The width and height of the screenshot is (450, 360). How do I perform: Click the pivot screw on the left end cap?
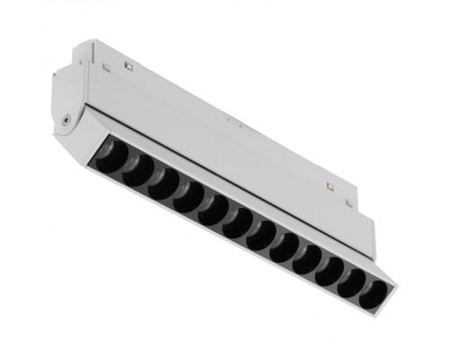point(66,119)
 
